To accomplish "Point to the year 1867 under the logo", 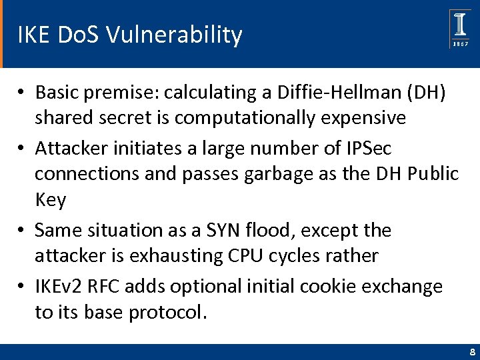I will pos(460,44).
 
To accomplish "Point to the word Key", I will pos(51,200).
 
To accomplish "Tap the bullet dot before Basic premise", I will pos(22,93).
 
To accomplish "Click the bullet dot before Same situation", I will pos(22,231).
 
